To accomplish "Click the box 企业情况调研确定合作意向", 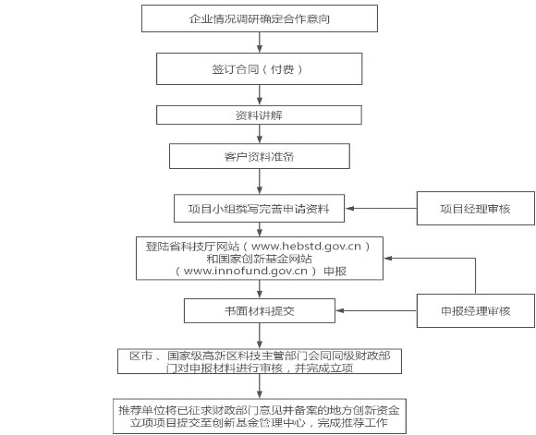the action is click(260, 18).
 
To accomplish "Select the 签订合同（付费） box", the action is click(259, 68).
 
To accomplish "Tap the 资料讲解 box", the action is click(259, 115).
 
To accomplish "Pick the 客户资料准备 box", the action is click(260, 156).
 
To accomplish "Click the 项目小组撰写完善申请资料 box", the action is click(259, 209).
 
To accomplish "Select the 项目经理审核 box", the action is click(476, 208).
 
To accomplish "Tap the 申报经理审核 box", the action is click(476, 310).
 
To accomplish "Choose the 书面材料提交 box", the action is click(260, 310).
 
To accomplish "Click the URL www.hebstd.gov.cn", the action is click(306, 247).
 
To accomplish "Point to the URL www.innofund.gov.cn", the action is click(246, 271).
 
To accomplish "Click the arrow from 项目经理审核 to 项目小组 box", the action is click(381, 208).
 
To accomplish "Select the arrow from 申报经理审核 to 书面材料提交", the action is click(376, 310).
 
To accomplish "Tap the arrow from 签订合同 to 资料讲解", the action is click(260, 94).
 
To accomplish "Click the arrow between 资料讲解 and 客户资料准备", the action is click(260, 134).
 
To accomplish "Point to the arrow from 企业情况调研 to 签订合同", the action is click(260, 42).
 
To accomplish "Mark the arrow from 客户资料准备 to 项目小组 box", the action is click(260, 181).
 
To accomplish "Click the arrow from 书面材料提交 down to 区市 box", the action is click(260, 335).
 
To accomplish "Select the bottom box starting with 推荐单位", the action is click(260, 417).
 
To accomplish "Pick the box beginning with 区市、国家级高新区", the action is click(260, 361).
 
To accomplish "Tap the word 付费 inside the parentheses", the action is click(282, 69).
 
